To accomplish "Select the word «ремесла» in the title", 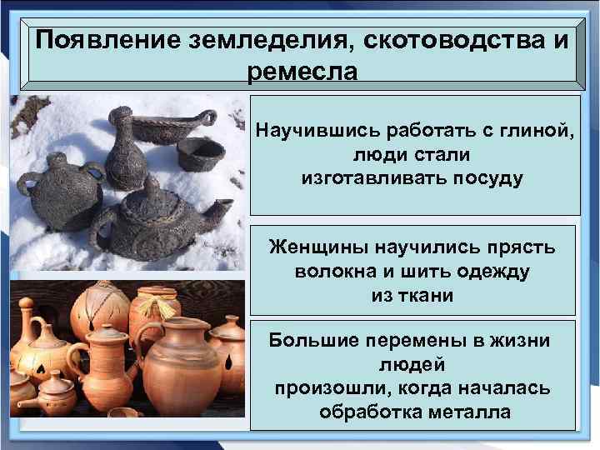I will tap(302, 71).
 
